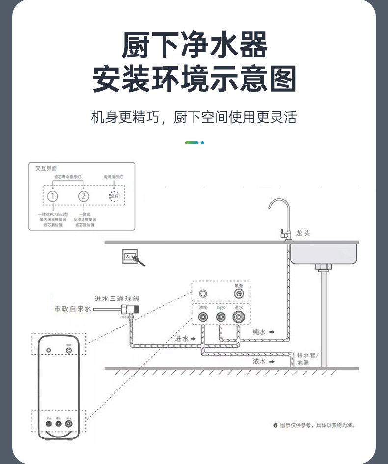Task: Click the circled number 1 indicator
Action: pyautogui.click(x=53, y=196)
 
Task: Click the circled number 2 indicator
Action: pyautogui.click(x=84, y=196)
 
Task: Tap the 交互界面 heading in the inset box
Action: pyautogui.click(x=46, y=168)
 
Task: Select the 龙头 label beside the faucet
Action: pyautogui.click(x=303, y=233)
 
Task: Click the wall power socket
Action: pyautogui.click(x=130, y=256)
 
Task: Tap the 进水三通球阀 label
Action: pyautogui.click(x=117, y=299)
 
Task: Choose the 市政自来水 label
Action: pyautogui.click(x=73, y=309)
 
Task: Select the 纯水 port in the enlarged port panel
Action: pyautogui.click(x=221, y=317)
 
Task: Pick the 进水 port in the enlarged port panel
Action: pyautogui.click(x=239, y=317)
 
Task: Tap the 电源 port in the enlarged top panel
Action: pyautogui.click(x=239, y=294)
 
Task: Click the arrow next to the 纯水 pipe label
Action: pyautogui.click(x=272, y=332)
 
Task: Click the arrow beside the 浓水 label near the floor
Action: pyautogui.click(x=272, y=361)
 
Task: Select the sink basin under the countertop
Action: pyautogui.click(x=324, y=253)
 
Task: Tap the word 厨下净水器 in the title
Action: pyautogui.click(x=194, y=46)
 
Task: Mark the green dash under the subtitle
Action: pyautogui.click(x=192, y=143)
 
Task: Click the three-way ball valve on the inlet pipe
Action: pyautogui.click(x=130, y=310)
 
